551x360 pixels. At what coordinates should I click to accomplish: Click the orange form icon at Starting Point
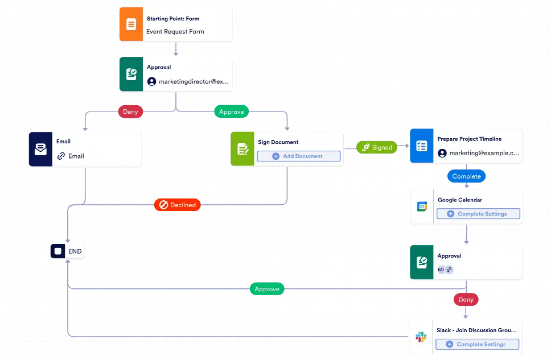(x=131, y=24)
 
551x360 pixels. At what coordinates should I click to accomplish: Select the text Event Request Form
(x=175, y=31)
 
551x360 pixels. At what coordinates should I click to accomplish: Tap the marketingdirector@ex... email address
(x=194, y=81)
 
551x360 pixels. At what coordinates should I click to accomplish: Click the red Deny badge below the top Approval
(x=130, y=111)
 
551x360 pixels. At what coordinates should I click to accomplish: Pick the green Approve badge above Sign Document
(x=231, y=111)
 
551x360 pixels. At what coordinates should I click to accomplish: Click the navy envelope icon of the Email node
(x=40, y=150)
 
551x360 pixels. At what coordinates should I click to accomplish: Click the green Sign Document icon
(x=242, y=149)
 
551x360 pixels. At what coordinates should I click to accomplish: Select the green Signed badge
(x=376, y=147)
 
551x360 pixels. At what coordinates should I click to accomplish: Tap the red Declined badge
(x=177, y=205)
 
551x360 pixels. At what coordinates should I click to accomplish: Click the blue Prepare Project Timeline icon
(x=422, y=146)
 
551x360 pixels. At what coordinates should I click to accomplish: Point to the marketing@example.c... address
(x=484, y=153)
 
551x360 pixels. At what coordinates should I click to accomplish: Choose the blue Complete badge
(x=466, y=176)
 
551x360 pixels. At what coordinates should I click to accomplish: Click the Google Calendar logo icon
(x=422, y=206)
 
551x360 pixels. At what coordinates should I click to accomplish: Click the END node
(x=68, y=251)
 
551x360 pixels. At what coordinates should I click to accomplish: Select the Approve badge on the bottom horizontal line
(x=267, y=289)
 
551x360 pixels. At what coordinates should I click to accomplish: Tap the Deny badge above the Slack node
(x=466, y=299)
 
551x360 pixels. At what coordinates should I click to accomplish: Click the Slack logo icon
(x=422, y=337)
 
